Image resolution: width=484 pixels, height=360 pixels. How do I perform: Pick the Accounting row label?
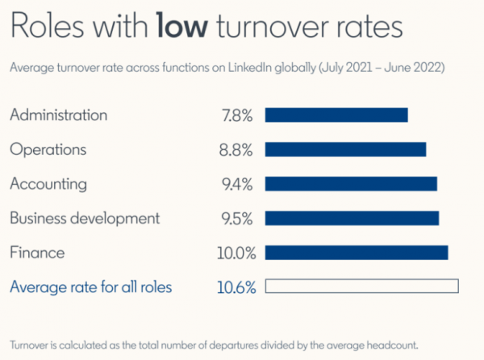[x=48, y=184]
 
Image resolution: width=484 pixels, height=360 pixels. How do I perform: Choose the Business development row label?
[x=85, y=218]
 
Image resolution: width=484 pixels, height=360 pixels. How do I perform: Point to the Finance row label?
[x=37, y=253]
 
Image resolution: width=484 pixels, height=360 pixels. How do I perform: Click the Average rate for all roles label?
[x=90, y=287]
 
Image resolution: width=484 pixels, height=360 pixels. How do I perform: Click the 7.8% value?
[x=237, y=115]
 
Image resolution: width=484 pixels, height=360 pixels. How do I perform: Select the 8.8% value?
[x=237, y=150]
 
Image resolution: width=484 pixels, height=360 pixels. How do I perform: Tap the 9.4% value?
[x=237, y=184]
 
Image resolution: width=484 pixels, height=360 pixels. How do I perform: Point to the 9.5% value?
[x=237, y=219]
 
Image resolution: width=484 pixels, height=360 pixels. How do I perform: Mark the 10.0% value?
[x=236, y=253]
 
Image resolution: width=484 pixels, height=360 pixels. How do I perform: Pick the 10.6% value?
[x=236, y=287]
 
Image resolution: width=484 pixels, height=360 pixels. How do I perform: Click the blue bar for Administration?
[x=336, y=115]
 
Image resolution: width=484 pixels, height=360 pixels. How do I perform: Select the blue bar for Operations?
[x=345, y=150]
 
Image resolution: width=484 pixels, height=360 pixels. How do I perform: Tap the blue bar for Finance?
[x=357, y=253]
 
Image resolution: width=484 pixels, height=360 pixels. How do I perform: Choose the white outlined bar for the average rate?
[x=361, y=287]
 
